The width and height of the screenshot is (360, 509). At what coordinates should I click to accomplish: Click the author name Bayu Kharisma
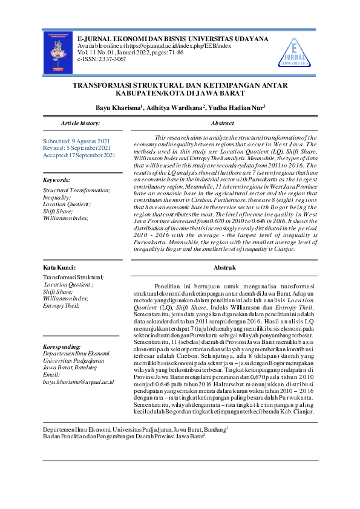click(x=118, y=108)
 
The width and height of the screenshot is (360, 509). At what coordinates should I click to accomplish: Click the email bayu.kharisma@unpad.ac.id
click(x=79, y=383)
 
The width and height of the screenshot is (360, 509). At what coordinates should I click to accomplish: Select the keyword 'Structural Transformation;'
click(x=76, y=190)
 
